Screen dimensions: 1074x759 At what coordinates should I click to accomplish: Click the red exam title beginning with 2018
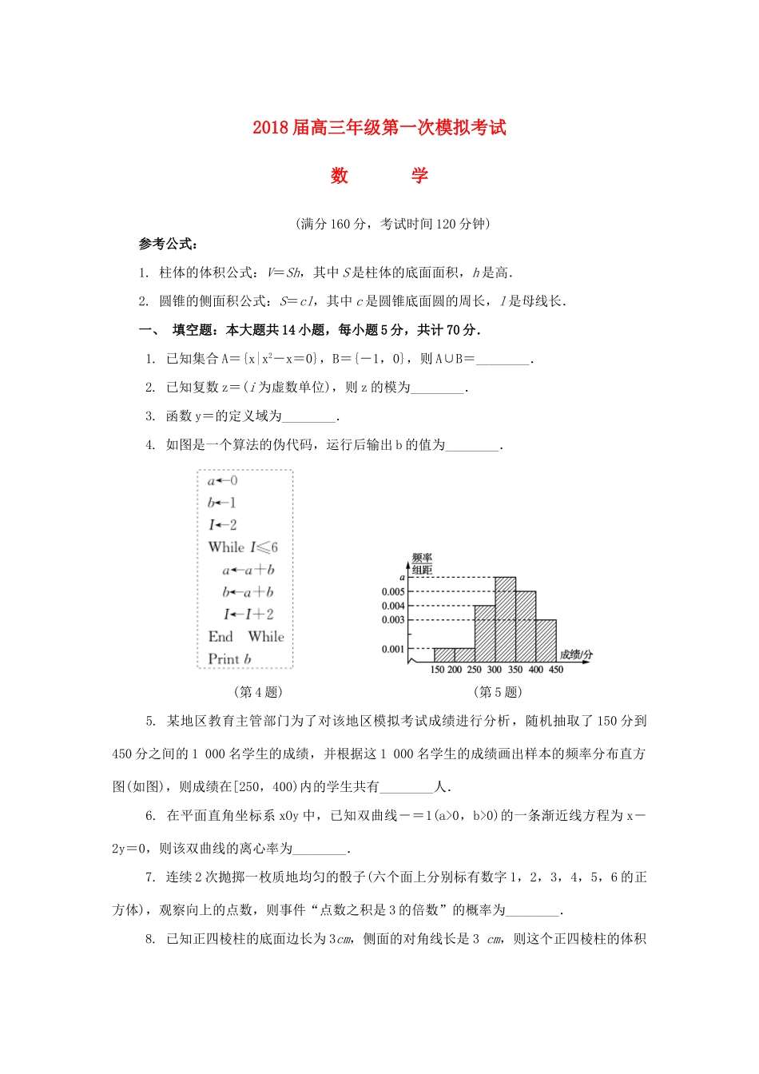tap(379, 128)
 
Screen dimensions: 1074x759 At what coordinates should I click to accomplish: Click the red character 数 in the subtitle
tap(340, 176)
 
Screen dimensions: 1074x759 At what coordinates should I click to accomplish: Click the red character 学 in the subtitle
tap(419, 176)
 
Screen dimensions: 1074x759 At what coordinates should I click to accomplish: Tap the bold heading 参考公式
tap(168, 245)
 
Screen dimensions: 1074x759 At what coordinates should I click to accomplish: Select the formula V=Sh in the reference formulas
tap(284, 273)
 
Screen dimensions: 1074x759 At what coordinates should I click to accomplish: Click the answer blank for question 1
tap(503, 360)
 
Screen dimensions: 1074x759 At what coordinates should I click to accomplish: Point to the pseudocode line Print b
tap(229, 659)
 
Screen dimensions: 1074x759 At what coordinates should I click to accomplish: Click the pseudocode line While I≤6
tap(243, 547)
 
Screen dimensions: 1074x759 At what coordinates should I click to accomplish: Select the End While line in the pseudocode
tap(245, 637)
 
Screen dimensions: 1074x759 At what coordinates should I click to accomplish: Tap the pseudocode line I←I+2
tap(248, 615)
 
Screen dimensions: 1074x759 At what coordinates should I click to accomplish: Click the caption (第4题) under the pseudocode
tap(257, 692)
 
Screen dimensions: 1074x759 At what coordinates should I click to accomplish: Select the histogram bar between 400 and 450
tap(546, 641)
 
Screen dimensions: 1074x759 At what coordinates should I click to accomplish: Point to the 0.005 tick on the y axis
tap(393, 592)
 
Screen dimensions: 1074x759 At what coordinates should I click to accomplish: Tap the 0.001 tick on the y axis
tap(393, 650)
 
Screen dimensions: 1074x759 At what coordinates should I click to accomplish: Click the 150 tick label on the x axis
tap(437, 670)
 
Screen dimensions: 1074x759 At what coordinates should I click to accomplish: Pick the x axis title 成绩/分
tap(576, 654)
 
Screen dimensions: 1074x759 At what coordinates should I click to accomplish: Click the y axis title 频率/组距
tap(422, 563)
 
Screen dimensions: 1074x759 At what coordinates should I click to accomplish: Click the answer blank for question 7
tap(534, 911)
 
